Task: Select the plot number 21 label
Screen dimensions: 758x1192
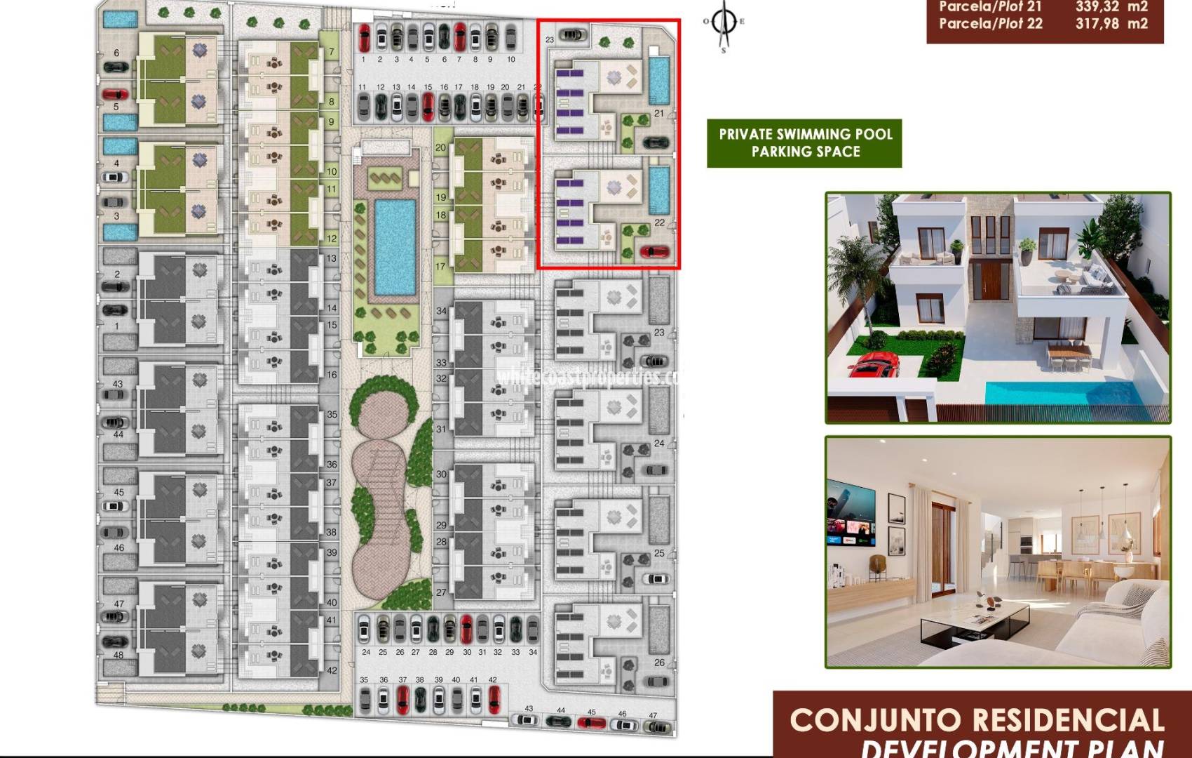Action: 659,113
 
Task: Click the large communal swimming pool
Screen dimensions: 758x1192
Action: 395,246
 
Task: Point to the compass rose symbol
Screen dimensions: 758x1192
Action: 724,23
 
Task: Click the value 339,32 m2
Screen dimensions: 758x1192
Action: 1111,7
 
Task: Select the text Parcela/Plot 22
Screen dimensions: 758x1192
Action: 990,24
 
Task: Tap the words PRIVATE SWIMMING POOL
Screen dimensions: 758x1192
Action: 806,134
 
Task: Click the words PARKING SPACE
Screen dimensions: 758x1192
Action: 806,152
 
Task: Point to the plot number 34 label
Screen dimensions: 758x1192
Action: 441,311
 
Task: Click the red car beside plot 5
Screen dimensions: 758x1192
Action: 115,94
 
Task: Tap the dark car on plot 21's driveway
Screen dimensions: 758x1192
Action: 656,142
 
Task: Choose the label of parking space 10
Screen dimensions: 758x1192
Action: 510,60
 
